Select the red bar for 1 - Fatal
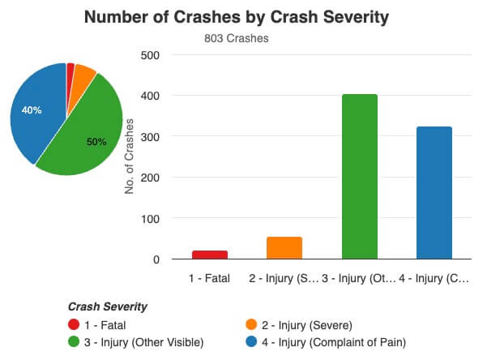(210, 255)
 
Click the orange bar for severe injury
(284, 248)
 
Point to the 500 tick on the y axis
(150, 55)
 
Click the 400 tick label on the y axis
(150, 96)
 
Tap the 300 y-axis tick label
(150, 137)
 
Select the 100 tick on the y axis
(150, 219)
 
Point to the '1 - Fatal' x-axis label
(209, 278)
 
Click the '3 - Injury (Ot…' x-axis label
(359, 278)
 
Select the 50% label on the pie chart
(96, 141)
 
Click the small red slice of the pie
(70, 69)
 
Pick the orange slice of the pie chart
(84, 73)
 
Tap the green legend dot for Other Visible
(75, 342)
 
